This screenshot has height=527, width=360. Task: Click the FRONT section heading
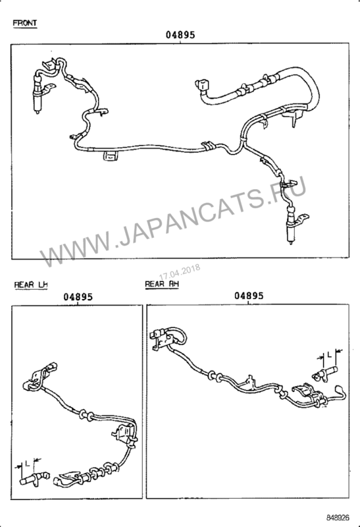pyautogui.click(x=25, y=23)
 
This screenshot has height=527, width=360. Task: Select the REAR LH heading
pyautogui.click(x=31, y=285)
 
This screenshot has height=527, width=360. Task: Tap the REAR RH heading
pyautogui.click(x=162, y=284)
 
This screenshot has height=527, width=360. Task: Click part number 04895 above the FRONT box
pyautogui.click(x=180, y=35)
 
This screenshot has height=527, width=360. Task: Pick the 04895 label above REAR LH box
pyautogui.click(x=78, y=297)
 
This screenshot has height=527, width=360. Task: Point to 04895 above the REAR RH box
pyautogui.click(x=249, y=296)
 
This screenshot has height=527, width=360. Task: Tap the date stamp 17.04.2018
pyautogui.click(x=180, y=272)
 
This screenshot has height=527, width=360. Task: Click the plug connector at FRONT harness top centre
pyautogui.click(x=203, y=86)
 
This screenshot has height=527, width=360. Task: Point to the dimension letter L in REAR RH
pyautogui.click(x=330, y=354)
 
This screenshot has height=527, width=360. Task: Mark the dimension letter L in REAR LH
pyautogui.click(x=28, y=463)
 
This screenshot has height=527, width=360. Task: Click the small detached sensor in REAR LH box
pyautogui.click(x=34, y=478)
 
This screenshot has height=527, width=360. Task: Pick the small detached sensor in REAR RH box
pyautogui.click(x=324, y=373)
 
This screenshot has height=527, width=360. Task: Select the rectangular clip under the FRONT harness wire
pyautogui.click(x=111, y=156)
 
